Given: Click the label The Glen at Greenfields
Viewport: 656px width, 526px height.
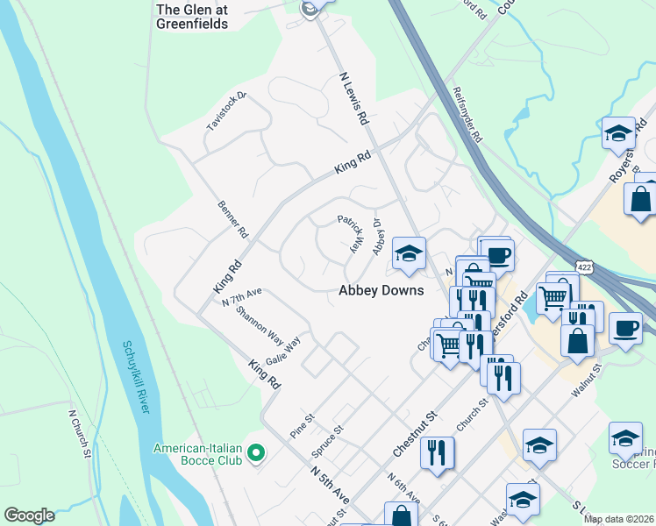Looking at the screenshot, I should (191, 17).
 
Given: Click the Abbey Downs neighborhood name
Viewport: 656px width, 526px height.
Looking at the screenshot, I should (381, 290).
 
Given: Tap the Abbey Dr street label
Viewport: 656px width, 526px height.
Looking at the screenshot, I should (379, 237).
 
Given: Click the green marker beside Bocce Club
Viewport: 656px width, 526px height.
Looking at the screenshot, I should (256, 453).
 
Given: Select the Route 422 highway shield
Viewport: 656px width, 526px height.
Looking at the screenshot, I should (584, 265).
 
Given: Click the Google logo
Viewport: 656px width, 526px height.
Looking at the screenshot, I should (29, 515).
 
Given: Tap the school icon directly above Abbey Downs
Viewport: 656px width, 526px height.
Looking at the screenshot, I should (409, 255).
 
